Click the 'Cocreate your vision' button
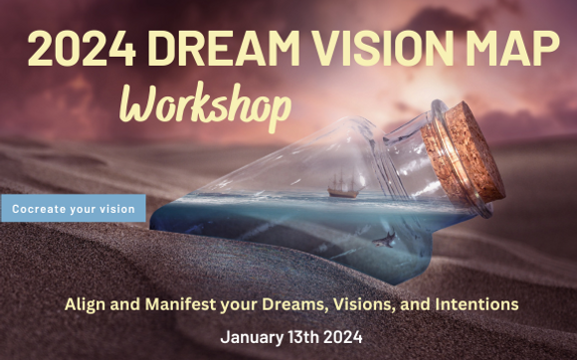tap(73, 209)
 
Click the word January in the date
tap(254, 335)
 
